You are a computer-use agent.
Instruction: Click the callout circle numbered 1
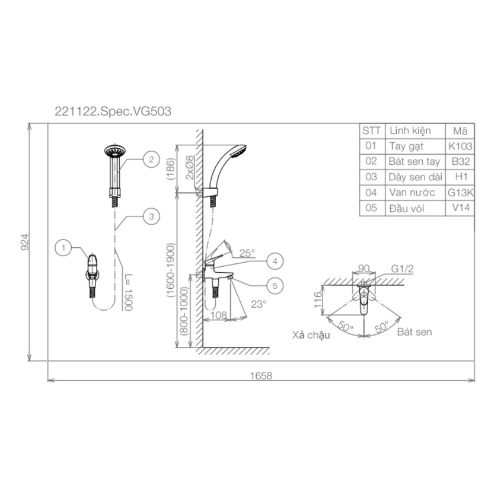click(63, 248)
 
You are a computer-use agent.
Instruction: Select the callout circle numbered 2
click(151, 160)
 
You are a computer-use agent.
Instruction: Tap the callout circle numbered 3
click(151, 216)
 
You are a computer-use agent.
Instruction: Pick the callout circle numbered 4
click(275, 261)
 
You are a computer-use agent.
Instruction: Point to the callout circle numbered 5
click(275, 286)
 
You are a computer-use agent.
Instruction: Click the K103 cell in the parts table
click(460, 146)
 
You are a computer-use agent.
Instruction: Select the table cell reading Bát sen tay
click(414, 161)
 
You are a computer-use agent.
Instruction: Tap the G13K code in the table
click(461, 193)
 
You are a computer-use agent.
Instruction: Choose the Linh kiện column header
click(410, 131)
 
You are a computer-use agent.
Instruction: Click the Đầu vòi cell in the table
click(407, 208)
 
